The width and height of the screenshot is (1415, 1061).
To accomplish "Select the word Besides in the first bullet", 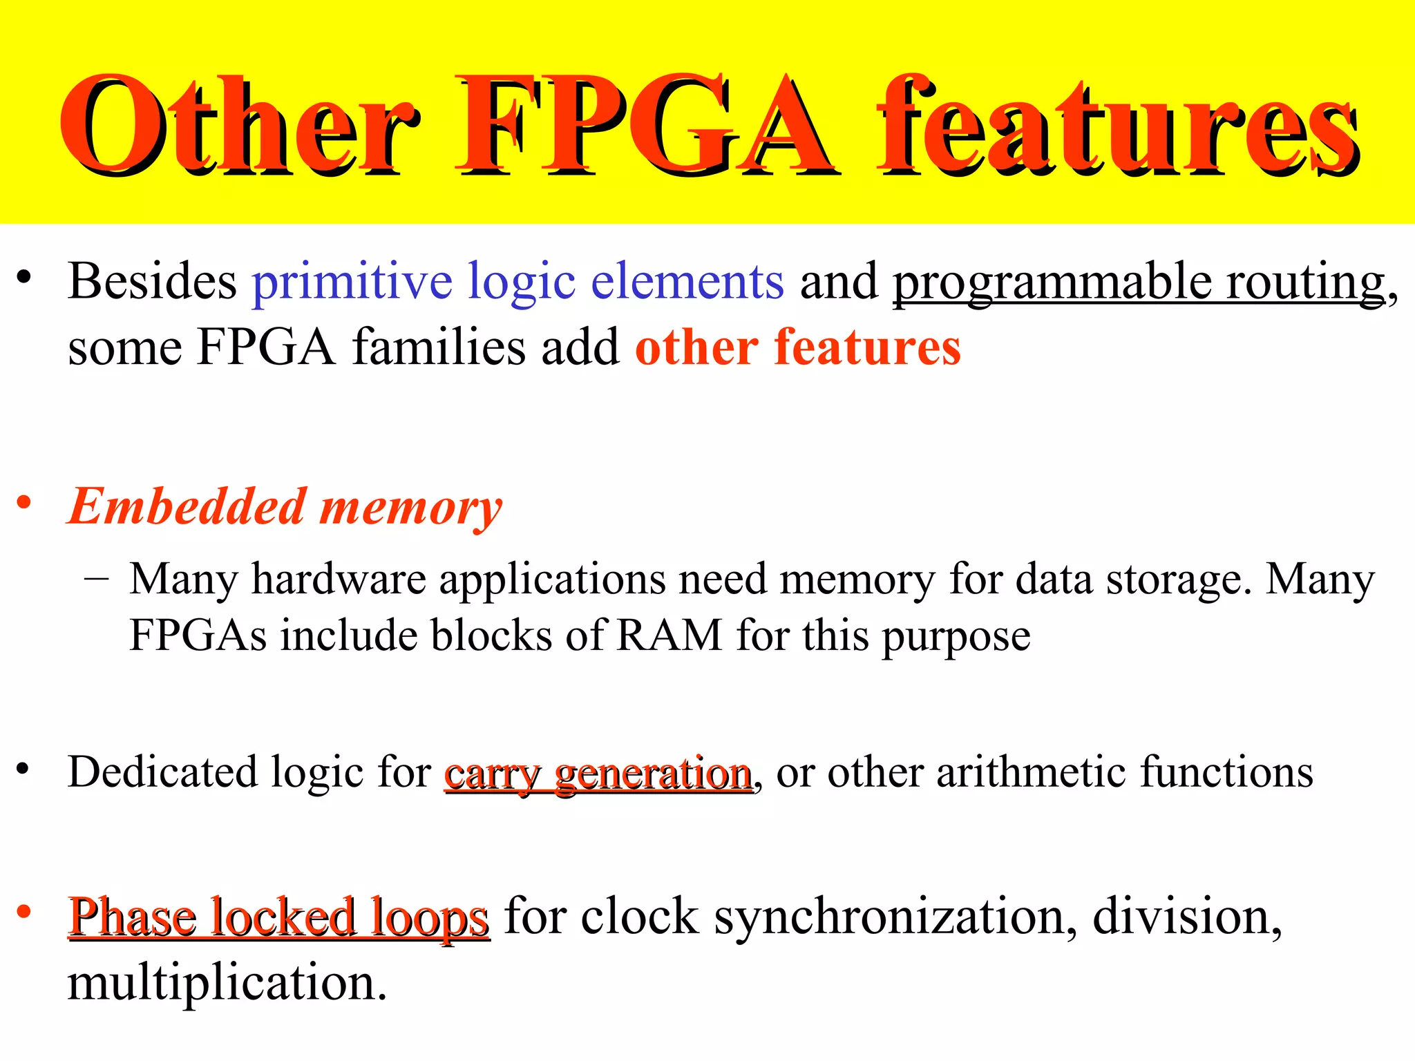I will [152, 281].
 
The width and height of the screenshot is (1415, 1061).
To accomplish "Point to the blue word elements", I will [687, 281].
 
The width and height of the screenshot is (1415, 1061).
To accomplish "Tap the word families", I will [439, 347].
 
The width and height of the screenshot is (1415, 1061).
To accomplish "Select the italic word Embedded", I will [187, 506].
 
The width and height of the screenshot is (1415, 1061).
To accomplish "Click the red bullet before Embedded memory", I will [24, 502].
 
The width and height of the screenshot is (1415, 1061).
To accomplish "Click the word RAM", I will [669, 635].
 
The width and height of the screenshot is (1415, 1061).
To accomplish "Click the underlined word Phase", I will [132, 918].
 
